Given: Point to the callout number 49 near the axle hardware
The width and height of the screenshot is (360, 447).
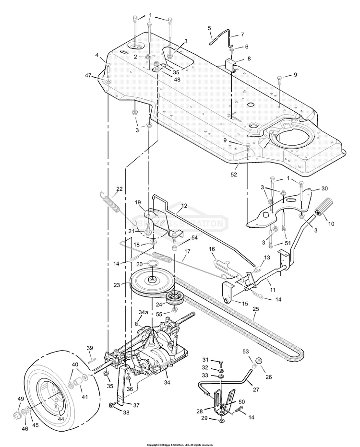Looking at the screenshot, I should pos(21,399).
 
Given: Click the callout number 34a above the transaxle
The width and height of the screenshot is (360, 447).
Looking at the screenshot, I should pos(143,312).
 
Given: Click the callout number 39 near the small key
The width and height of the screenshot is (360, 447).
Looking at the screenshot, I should pos(89,348).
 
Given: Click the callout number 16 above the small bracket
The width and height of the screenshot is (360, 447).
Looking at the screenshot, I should pos(211,249).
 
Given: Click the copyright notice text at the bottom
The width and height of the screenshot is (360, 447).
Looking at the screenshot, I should pos(180,444).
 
